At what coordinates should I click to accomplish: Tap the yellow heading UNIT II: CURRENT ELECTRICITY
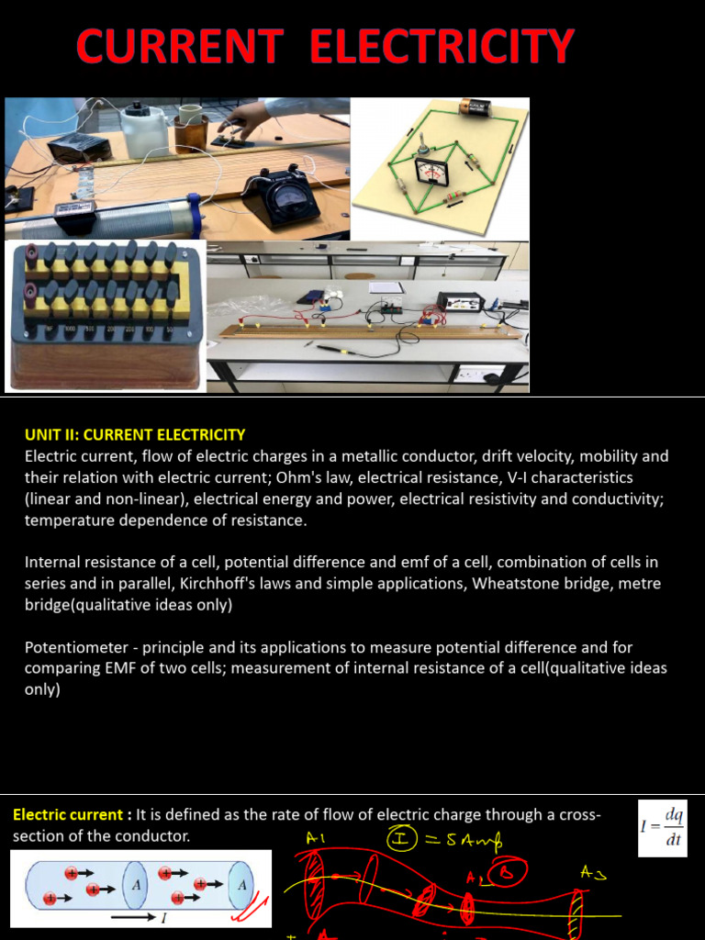(135, 434)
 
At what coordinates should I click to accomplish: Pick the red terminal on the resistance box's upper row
(31, 253)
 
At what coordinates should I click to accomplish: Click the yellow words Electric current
(67, 814)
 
